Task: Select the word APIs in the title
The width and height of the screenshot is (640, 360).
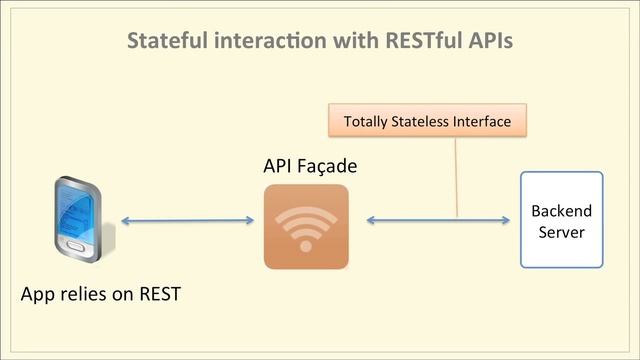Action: coord(485,42)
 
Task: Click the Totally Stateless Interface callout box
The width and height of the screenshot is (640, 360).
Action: coord(427,121)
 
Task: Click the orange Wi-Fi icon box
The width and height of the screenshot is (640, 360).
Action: coord(306,227)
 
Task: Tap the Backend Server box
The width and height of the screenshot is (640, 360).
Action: coord(561,220)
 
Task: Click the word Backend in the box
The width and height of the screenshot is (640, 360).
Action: coord(561,211)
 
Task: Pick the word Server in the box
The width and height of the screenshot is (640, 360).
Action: coord(561,232)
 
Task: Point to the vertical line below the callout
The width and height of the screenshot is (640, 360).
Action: coord(456,175)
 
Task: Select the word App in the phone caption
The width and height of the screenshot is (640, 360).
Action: coord(39,296)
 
